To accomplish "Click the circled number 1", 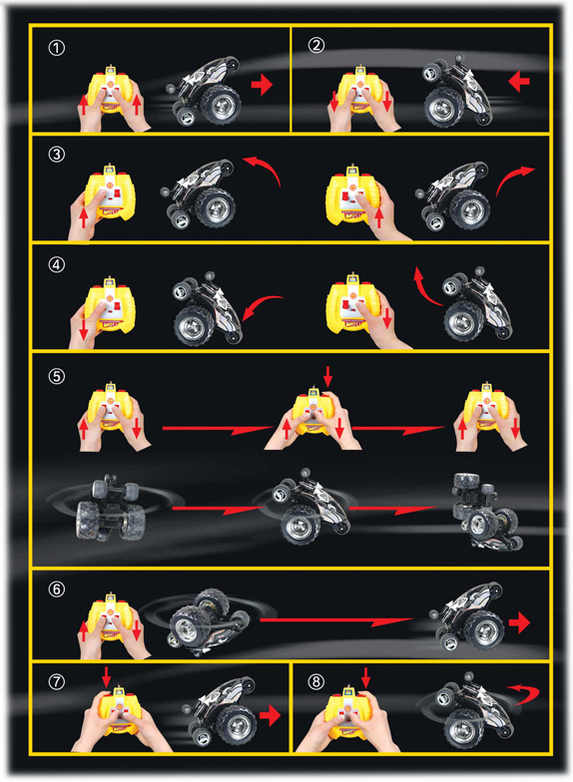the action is [x=56, y=48].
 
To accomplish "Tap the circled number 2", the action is [x=315, y=46].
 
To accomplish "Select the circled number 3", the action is [x=56, y=154].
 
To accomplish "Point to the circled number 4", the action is [x=56, y=264].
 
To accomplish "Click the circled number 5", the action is [x=56, y=375].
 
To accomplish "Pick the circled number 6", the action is [x=56, y=588].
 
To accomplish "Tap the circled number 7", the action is [x=56, y=681].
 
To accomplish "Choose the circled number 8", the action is [x=315, y=681].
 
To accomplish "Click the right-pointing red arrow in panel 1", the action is [x=262, y=84].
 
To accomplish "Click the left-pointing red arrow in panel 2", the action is [x=519, y=81].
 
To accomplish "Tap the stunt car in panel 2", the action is [x=457, y=91].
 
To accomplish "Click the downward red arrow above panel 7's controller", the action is [x=106, y=676].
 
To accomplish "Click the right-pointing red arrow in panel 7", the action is [x=270, y=715].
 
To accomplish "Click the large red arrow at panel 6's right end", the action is [x=519, y=622].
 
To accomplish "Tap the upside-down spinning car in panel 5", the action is [x=111, y=508].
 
